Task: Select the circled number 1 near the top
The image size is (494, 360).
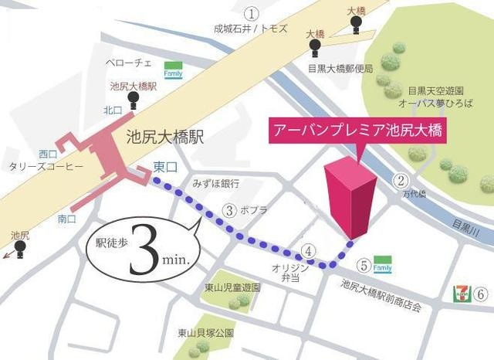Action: (251, 13)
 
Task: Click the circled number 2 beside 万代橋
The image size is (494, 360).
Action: (401, 182)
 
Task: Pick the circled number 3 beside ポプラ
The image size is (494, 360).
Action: (228, 209)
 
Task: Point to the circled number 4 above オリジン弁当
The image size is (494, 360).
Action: (308, 250)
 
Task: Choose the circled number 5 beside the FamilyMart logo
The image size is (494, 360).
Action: (364, 267)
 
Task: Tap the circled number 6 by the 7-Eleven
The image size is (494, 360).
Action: (480, 294)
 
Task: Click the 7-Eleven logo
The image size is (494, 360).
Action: (460, 294)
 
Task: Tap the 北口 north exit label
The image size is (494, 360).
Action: (113, 110)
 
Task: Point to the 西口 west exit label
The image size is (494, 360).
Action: (48, 153)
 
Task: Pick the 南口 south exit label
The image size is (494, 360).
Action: (67, 219)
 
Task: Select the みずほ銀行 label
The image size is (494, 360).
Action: (216, 184)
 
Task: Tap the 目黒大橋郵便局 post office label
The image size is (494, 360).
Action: (340, 68)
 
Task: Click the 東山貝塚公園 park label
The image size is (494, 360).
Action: (205, 333)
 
